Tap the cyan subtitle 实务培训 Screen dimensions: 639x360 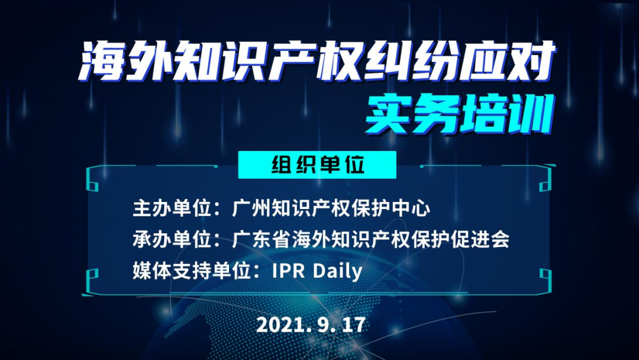coord(460,114)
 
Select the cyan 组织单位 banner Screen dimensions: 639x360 coord(317,165)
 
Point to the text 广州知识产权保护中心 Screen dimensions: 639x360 coord(331,208)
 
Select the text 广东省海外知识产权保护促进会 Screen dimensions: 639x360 coord(370,239)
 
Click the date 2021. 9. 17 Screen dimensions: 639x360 coord(311,324)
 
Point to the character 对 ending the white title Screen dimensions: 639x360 coord(533,61)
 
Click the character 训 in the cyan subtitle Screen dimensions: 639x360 coord(532,114)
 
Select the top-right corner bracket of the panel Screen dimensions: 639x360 coord(546,178)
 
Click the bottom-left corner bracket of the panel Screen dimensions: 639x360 coord(92,281)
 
